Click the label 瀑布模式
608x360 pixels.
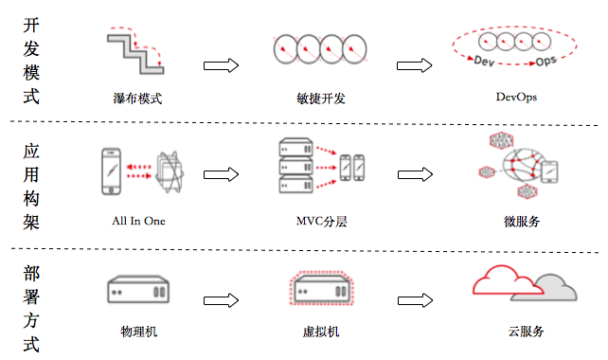point(137,99)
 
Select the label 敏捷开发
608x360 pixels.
point(321,99)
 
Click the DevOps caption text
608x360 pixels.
point(516,97)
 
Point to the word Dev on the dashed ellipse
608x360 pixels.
point(484,61)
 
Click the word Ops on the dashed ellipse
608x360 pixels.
point(545,61)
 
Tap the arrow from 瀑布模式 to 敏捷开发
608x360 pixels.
point(221,65)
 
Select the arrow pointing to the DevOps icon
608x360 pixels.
point(414,65)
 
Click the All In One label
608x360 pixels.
point(138,221)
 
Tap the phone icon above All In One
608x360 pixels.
point(112,171)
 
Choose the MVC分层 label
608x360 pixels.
point(321,221)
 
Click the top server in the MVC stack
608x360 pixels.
point(296,147)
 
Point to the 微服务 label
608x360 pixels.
point(522,221)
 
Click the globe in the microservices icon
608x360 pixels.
point(524,165)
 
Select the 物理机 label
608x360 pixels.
point(139,332)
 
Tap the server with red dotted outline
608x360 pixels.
point(322,289)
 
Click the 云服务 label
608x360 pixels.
point(527,332)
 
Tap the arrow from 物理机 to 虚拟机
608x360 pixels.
point(221,300)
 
